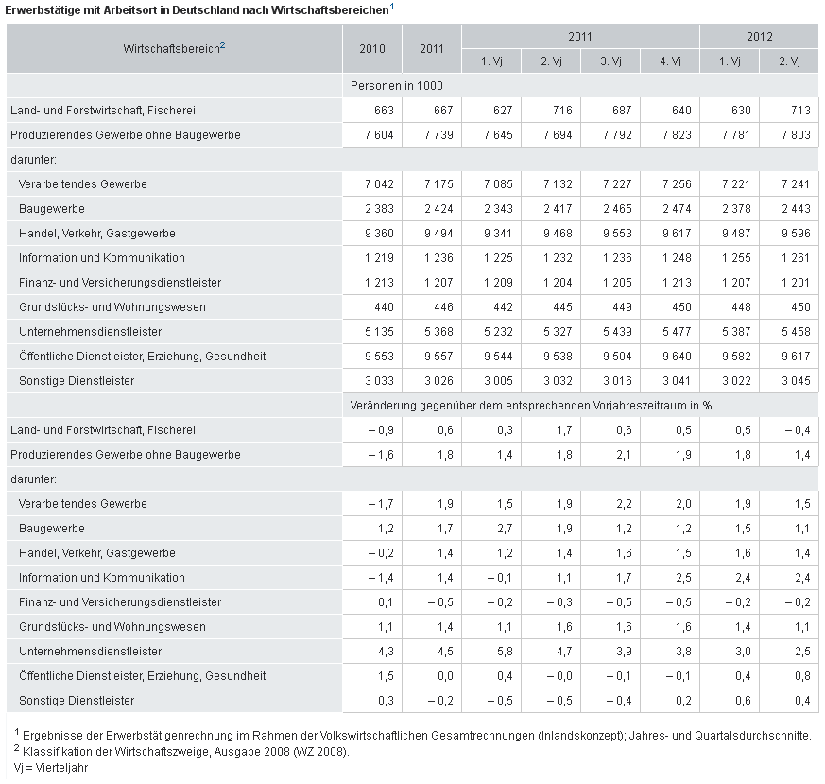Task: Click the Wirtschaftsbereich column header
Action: [174, 48]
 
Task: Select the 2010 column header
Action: [372, 49]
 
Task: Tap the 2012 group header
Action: [759, 36]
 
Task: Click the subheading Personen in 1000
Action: [397, 86]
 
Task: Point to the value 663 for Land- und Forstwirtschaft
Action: [384, 111]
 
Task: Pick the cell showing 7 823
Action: [677, 135]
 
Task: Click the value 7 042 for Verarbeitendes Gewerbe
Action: [379, 184]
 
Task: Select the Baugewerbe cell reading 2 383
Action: [379, 209]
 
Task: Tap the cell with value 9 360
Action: [379, 234]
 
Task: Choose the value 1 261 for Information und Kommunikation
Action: [796, 258]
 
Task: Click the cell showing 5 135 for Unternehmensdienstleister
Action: [379, 332]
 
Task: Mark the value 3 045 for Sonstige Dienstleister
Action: [796, 381]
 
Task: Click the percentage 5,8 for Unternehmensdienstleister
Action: [505, 652]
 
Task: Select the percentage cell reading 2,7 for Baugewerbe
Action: [505, 529]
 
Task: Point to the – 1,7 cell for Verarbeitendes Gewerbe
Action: [381, 504]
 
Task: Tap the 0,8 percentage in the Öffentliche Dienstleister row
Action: [803, 676]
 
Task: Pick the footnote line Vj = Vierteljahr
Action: [50, 768]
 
